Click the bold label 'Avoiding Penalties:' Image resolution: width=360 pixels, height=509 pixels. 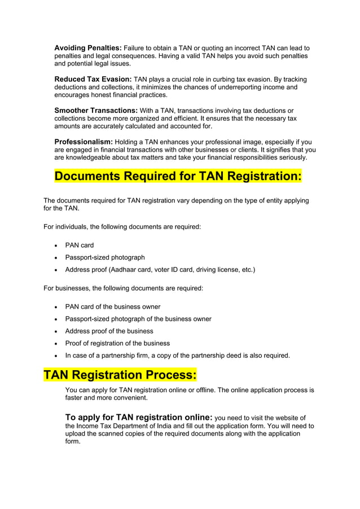pyautogui.click(x=87, y=48)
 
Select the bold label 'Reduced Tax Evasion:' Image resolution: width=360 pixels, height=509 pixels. pyautogui.click(x=93, y=79)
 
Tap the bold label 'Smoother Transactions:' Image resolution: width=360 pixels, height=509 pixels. pyautogui.click(x=96, y=110)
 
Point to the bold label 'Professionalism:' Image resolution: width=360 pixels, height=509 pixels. pyautogui.click(x=84, y=141)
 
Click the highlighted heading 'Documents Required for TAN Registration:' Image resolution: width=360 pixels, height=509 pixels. pyautogui.click(x=178, y=176)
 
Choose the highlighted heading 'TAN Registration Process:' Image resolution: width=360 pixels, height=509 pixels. pyautogui.click(x=120, y=375)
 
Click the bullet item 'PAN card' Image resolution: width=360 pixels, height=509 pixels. pyautogui.click(x=80, y=245)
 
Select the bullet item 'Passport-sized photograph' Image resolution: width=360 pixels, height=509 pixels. pyautogui.click(x=105, y=257)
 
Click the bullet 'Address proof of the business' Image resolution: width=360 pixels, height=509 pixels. pyautogui.click(x=109, y=331)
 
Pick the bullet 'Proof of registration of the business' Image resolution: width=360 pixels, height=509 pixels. pyautogui.click(x=117, y=343)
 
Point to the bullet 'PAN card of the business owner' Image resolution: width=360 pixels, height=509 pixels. pyautogui.click(x=113, y=306)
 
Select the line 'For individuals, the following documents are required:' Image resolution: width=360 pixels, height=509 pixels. pyautogui.click(x=122, y=227)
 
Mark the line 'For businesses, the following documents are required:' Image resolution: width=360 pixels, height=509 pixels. pyautogui.click(x=123, y=288)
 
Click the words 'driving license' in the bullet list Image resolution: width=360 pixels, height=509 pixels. pyautogui.click(x=216, y=270)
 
